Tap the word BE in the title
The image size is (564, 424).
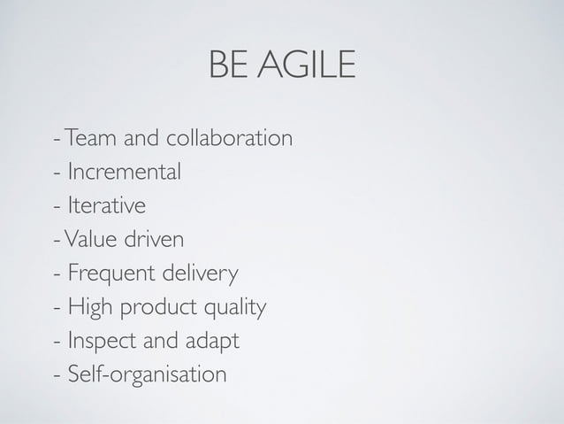click(228, 65)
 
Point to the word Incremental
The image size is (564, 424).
click(125, 173)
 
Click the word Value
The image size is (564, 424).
click(87, 240)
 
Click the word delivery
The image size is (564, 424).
click(197, 274)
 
